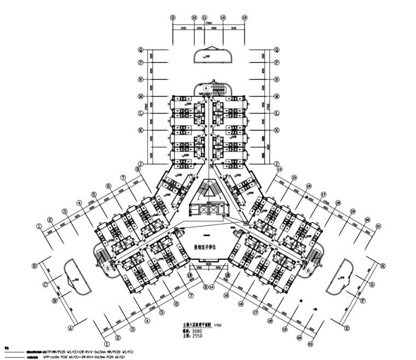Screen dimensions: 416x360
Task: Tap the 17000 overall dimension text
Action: [x=209, y=22]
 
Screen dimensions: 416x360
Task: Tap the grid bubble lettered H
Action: [x=383, y=266]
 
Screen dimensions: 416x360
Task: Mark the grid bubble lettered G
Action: [x=371, y=285]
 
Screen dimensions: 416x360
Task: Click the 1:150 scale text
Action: [x=218, y=325]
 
